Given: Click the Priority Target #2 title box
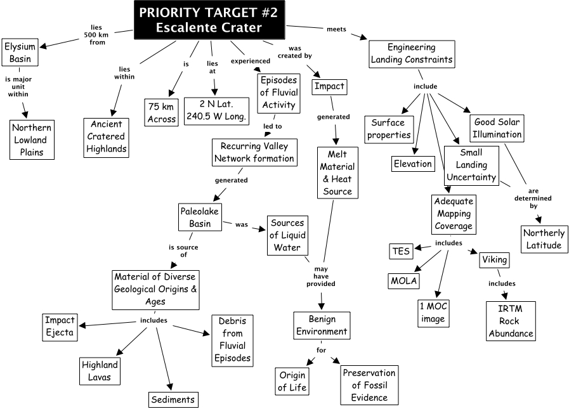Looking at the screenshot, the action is pos(209,20).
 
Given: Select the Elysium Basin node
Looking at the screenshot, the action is pos(20,52).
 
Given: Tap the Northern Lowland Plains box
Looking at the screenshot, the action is pos(32,140).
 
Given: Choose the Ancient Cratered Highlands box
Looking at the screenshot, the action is pos(107,138).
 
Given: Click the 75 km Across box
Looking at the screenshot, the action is pos(162,112).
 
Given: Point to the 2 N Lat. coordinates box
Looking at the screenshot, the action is pos(217,111).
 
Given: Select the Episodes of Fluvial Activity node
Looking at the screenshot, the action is pos(278,93).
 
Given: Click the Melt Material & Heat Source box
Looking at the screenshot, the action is pos(337,172).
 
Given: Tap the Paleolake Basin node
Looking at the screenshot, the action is pos(200,217).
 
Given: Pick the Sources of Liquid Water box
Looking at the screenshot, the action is pos(287,235).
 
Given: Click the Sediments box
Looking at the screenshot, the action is pos(173,399).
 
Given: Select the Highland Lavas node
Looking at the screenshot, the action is pos(100,371).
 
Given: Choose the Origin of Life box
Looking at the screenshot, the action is pos(292,382).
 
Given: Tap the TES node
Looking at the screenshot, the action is pos(401,251).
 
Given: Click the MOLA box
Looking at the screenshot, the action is pos(404,281).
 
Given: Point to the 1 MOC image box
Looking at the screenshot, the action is pos(433,313).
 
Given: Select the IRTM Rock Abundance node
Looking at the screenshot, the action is pos(511,321).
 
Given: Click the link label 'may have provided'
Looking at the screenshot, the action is pos(321,276).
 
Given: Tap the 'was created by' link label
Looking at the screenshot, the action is pos(295,52).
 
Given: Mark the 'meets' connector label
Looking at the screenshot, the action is pos(336,29).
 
